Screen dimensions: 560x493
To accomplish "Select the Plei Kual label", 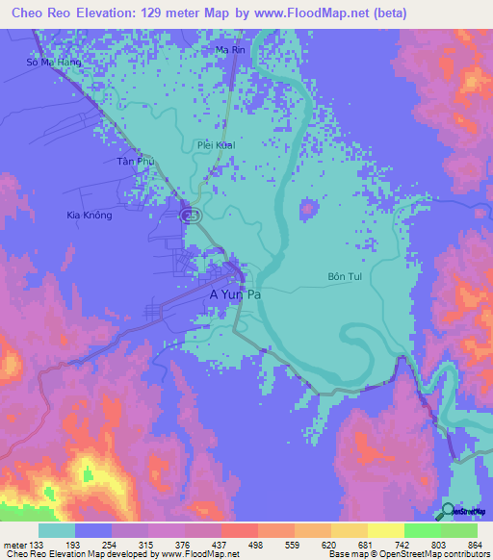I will (x=215, y=145).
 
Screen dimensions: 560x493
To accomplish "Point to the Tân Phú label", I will (x=135, y=162).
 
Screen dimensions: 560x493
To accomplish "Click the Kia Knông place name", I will (x=90, y=215).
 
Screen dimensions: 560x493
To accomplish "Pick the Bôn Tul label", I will (x=344, y=276).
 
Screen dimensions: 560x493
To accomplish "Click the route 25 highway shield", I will (x=193, y=216).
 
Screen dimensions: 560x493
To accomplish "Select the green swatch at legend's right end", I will (x=458, y=530).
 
